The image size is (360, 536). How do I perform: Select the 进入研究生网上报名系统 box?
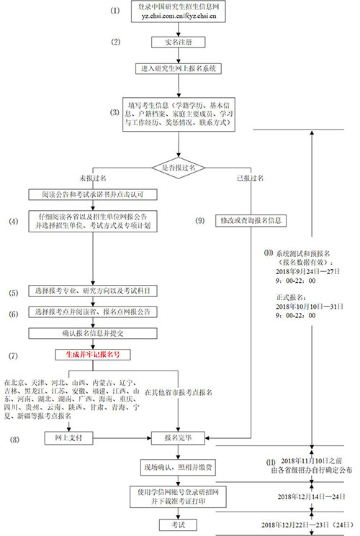179,70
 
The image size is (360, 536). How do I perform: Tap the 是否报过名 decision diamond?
179,167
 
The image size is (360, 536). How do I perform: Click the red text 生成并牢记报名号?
94,354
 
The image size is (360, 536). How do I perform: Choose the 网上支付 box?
60,437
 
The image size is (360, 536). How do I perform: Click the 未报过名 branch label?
95,177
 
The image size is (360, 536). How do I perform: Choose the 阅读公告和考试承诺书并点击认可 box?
94,195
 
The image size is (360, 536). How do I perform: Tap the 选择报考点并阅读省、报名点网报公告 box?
94,312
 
